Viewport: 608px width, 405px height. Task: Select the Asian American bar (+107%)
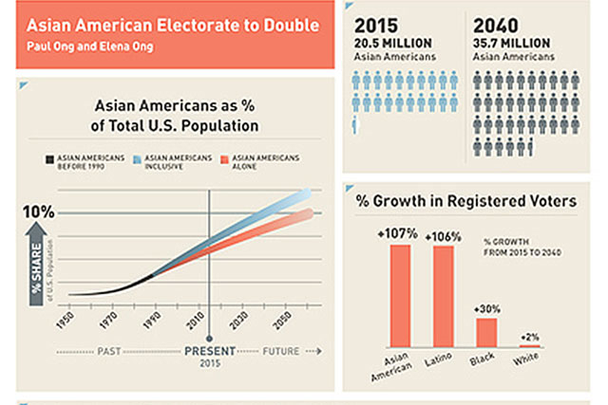click(x=399, y=295)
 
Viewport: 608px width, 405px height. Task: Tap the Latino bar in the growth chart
click(x=443, y=296)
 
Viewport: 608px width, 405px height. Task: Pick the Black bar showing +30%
click(x=486, y=332)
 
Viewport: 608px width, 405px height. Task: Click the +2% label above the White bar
click(x=528, y=337)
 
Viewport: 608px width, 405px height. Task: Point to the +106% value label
click(x=443, y=236)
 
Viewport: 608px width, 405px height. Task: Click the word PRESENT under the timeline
click(x=209, y=351)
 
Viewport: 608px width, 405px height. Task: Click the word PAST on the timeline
click(x=109, y=351)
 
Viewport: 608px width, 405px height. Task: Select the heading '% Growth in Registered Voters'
click(x=465, y=200)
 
